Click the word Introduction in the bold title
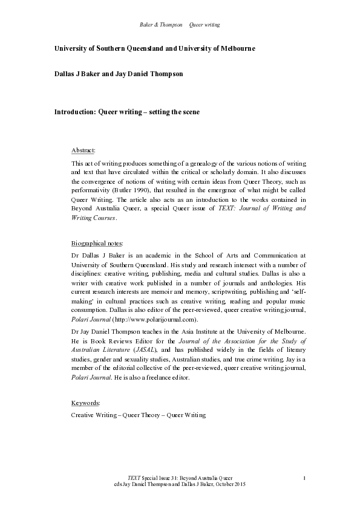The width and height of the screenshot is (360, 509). (x=71, y=112)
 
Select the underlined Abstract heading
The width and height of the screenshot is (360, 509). (x=83, y=149)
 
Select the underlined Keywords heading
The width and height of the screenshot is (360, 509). (x=85, y=402)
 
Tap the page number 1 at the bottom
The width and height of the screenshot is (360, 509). (x=304, y=478)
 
